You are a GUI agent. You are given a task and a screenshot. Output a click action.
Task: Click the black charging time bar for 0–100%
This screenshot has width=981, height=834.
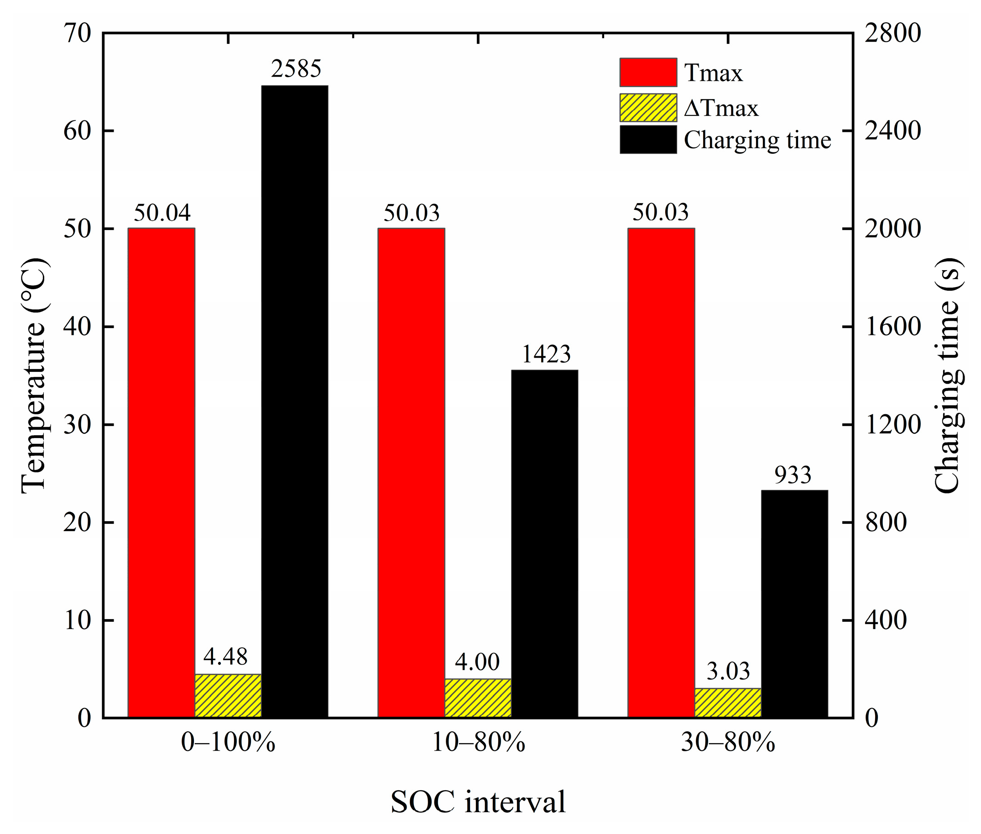(x=295, y=402)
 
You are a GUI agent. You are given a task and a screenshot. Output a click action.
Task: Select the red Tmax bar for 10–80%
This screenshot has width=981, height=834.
(x=411, y=473)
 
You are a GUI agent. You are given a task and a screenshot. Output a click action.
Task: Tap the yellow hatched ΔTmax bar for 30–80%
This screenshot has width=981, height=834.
(x=728, y=703)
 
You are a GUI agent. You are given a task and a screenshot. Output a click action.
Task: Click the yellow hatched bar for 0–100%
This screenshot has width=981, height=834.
(x=228, y=696)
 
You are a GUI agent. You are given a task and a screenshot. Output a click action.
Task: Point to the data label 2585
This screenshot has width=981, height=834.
(x=296, y=69)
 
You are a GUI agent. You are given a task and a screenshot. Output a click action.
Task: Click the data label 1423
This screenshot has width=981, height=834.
(x=546, y=354)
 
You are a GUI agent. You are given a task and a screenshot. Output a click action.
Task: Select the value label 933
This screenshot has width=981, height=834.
(x=793, y=474)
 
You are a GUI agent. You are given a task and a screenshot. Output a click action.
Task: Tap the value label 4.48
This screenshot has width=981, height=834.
(x=225, y=656)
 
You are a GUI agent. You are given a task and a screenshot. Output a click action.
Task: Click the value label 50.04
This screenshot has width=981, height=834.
(x=162, y=213)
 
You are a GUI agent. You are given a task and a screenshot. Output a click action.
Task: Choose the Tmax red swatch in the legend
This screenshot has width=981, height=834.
(x=648, y=73)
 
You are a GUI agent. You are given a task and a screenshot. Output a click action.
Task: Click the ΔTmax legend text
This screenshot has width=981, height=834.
(x=720, y=108)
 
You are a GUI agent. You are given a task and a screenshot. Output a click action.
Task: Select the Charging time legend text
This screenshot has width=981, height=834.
(x=757, y=140)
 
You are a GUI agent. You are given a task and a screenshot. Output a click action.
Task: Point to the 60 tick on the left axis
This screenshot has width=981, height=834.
(x=77, y=131)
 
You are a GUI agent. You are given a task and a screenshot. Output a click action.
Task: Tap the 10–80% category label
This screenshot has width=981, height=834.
(x=479, y=742)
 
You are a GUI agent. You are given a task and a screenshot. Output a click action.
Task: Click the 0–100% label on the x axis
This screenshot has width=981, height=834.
(x=228, y=742)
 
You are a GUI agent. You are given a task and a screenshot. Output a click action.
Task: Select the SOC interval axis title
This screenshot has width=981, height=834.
(x=478, y=802)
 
